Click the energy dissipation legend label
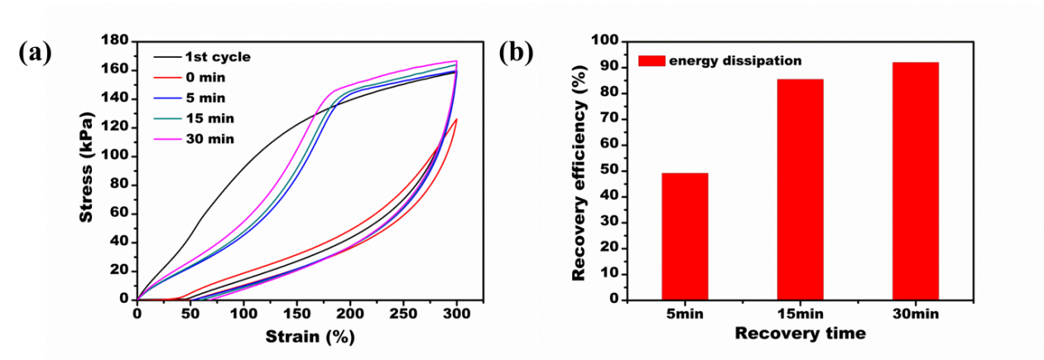(x=735, y=60)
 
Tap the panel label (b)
(x=517, y=52)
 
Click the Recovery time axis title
(x=800, y=334)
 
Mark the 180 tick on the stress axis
(x=114, y=41)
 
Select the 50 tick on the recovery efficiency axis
(x=609, y=170)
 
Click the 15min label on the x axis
(x=800, y=314)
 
